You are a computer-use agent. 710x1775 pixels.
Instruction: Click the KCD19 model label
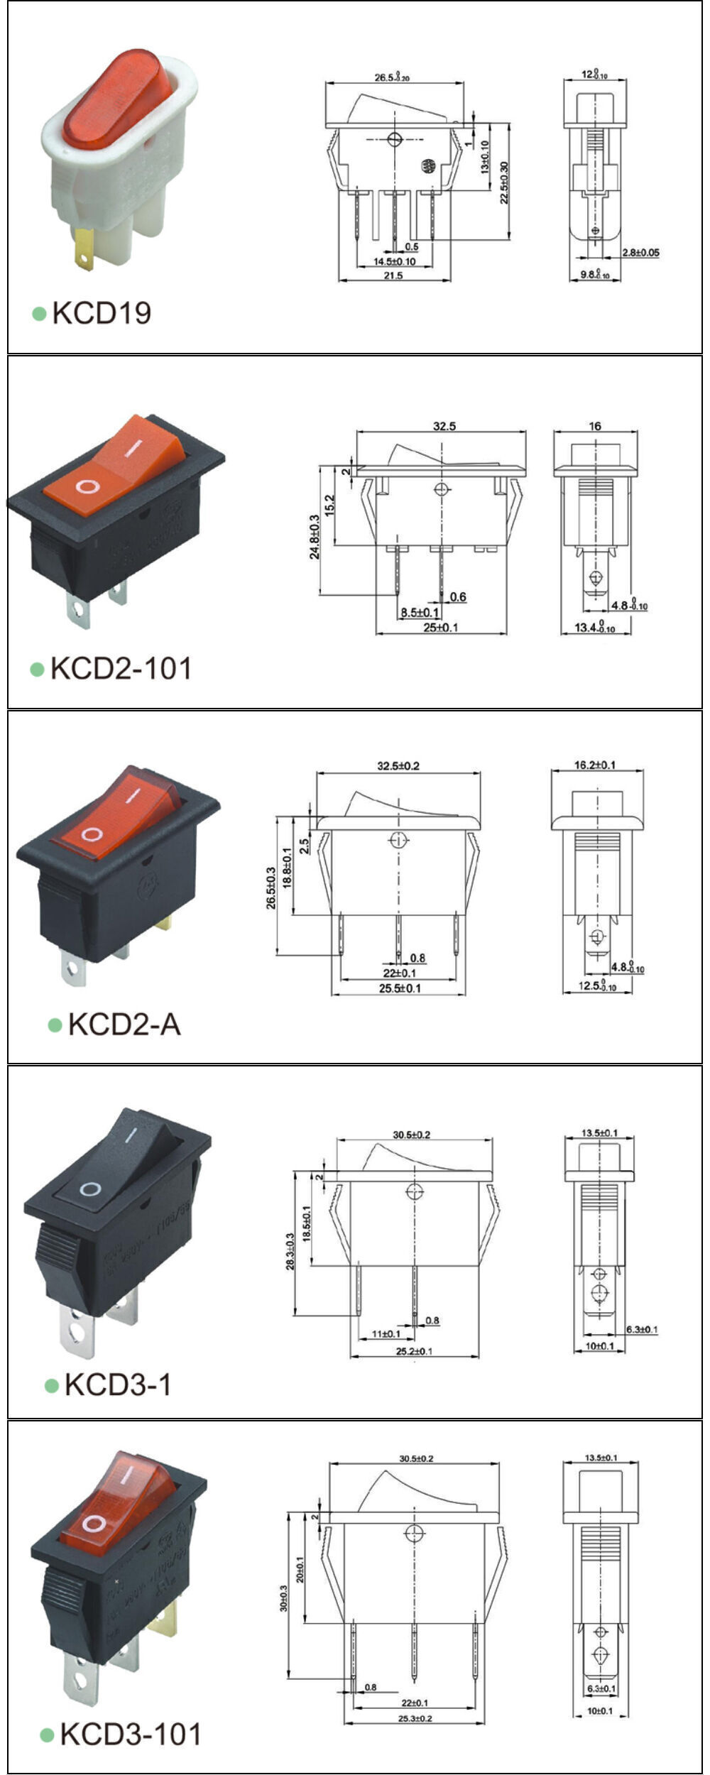click(102, 313)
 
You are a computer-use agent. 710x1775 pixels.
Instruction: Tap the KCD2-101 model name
click(121, 669)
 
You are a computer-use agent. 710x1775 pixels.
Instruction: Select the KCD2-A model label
click(124, 1025)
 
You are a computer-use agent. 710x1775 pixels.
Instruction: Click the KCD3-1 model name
click(118, 1384)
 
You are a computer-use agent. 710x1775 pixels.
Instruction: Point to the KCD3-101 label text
click(131, 1735)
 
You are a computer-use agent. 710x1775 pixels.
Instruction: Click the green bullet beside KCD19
click(39, 313)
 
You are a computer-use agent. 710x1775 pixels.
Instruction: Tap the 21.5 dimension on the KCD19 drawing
click(393, 275)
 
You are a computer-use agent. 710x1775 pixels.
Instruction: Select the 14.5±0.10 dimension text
click(395, 262)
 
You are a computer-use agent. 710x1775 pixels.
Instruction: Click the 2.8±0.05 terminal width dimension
click(640, 253)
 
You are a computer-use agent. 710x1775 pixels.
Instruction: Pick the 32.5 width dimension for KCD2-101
click(444, 427)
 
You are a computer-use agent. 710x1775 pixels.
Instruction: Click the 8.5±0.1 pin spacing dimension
click(420, 612)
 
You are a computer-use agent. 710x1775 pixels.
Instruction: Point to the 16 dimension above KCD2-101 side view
click(595, 426)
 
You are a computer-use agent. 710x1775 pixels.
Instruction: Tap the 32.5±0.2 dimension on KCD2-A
click(398, 766)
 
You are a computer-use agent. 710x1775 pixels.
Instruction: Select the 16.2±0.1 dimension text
click(595, 765)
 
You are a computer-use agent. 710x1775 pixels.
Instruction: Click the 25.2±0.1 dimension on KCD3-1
click(415, 1351)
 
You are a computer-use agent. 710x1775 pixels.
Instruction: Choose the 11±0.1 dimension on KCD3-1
click(386, 1334)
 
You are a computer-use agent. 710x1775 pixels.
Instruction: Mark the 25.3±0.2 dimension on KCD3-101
click(415, 1718)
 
